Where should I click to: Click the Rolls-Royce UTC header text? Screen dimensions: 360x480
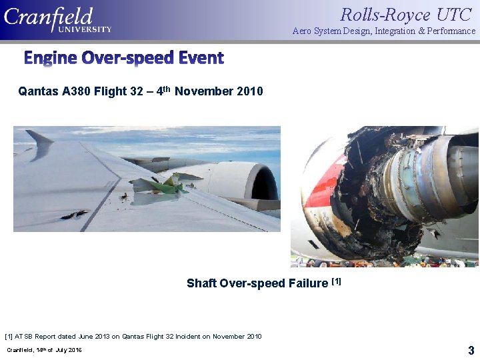(x=407, y=15)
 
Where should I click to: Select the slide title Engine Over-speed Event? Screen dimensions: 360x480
(x=124, y=58)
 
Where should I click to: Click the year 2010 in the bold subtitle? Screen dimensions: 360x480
(x=249, y=91)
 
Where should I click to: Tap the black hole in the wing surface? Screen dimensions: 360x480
(x=73, y=215)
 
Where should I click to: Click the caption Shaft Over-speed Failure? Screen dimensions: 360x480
(x=257, y=283)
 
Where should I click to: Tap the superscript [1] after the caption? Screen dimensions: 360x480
(x=336, y=281)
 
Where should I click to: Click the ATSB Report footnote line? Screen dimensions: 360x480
(x=133, y=336)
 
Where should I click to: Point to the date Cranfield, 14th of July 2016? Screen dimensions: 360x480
(x=44, y=350)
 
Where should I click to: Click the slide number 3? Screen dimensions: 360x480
(x=471, y=350)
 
